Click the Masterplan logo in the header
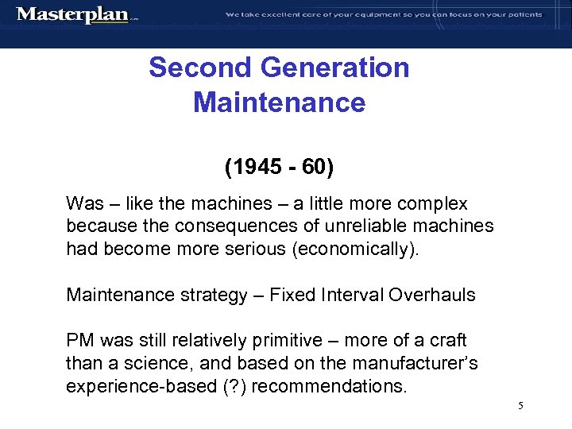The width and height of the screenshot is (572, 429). [73, 15]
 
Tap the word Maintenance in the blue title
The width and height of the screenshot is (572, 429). [279, 102]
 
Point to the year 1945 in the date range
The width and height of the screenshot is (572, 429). [255, 168]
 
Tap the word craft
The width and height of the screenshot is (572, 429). [447, 341]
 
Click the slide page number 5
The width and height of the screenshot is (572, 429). [520, 406]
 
